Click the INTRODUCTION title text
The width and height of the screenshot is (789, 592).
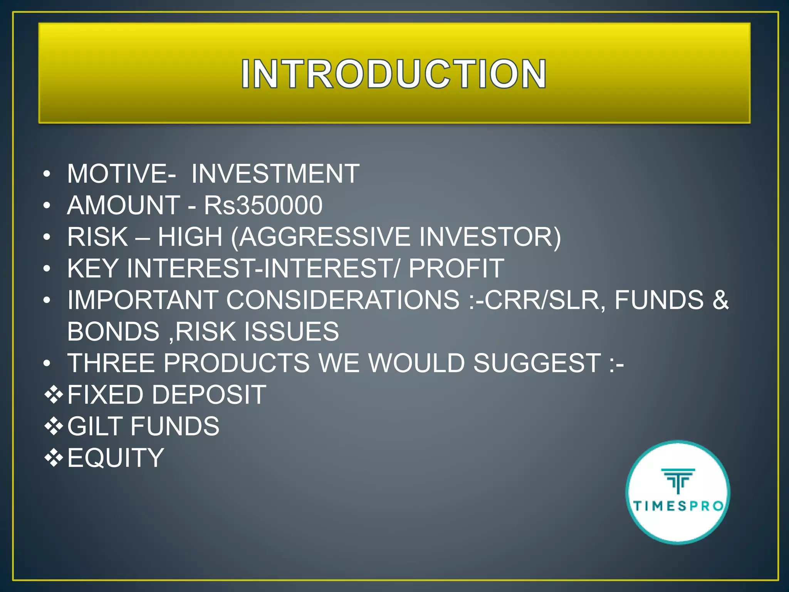[x=393, y=74]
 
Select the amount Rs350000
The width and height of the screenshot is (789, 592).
[x=263, y=205]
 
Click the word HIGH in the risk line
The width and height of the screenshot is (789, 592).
[x=190, y=237]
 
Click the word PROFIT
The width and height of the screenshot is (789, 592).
[x=456, y=269]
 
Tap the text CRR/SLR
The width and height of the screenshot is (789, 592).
[x=542, y=300]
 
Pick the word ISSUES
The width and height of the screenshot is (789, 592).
[x=292, y=332]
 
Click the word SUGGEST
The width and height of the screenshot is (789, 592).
[x=537, y=363]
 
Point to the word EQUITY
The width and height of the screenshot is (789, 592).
[x=116, y=458]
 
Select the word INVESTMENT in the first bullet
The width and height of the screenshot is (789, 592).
[x=275, y=174]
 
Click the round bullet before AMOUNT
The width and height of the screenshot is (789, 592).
[x=47, y=205]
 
